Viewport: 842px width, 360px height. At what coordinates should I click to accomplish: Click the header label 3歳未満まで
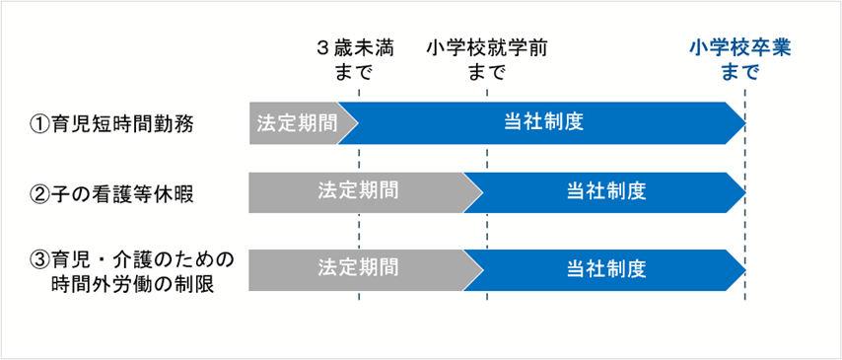pos(358,60)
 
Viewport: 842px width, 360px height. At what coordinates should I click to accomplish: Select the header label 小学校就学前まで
pos(487,60)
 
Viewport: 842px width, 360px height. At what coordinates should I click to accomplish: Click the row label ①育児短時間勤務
pos(112,124)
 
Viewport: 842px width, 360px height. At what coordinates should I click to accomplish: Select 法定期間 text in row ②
pos(358,191)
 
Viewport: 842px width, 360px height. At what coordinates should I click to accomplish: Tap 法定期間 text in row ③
pos(358,268)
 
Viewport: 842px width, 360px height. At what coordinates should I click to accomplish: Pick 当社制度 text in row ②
pos(606,191)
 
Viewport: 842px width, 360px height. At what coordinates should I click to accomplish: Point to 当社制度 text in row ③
pos(606,268)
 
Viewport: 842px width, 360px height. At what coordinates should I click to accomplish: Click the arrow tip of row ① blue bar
pos(741,123)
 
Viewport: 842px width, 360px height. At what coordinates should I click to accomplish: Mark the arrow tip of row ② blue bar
pos(741,191)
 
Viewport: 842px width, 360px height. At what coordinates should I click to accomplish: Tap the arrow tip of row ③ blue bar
pos(741,268)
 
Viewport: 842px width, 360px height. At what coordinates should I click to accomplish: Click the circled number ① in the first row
pos(40,124)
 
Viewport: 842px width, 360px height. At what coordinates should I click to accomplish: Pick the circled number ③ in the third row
pos(40,260)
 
